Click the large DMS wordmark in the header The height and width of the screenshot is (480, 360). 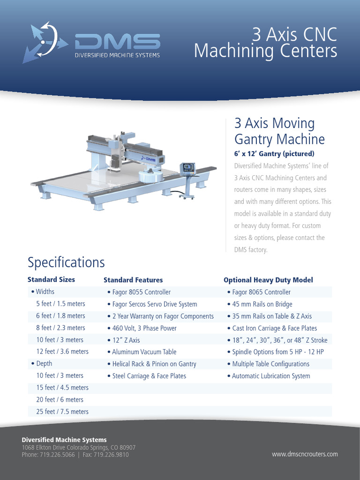(117, 42)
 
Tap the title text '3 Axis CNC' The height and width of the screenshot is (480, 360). (295, 34)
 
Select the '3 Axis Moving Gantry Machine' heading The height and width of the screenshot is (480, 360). (279, 131)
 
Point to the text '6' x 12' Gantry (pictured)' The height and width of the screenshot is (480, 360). (274, 154)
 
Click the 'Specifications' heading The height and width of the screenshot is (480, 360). (66, 262)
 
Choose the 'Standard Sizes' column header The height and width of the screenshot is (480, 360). (51, 279)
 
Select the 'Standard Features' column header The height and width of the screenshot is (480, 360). (133, 280)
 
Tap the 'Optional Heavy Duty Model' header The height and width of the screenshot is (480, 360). (268, 280)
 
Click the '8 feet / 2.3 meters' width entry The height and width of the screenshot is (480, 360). (60, 328)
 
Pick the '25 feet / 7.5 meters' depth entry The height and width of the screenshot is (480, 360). (62, 412)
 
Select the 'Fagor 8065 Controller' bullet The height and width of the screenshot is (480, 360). (261, 292)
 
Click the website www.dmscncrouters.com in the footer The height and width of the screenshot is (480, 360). (305, 454)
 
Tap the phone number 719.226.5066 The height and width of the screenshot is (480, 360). (48, 455)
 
